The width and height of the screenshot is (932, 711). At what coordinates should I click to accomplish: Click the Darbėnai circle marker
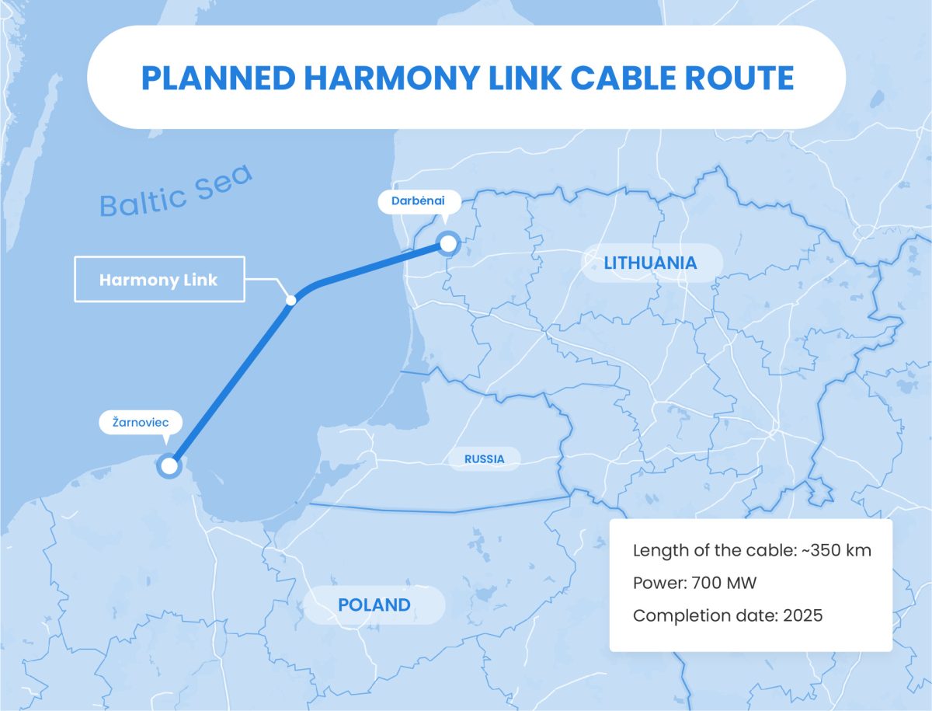tap(447, 244)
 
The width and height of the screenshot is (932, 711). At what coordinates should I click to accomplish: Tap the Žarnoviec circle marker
tap(169, 466)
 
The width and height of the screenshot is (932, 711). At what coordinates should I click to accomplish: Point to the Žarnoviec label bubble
tap(141, 423)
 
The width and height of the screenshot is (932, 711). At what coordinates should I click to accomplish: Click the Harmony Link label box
tap(158, 279)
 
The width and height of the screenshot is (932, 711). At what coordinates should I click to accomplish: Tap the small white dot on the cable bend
tap(291, 299)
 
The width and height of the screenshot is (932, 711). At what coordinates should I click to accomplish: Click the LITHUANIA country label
tap(650, 263)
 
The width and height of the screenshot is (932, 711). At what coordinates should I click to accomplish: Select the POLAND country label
tap(374, 605)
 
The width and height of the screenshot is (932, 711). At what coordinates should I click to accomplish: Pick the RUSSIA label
tap(485, 458)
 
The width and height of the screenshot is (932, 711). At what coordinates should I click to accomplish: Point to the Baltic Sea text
tap(176, 191)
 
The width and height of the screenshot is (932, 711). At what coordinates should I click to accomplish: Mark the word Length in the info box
tap(658, 551)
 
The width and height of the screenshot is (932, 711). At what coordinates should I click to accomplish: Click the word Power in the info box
tap(656, 584)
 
